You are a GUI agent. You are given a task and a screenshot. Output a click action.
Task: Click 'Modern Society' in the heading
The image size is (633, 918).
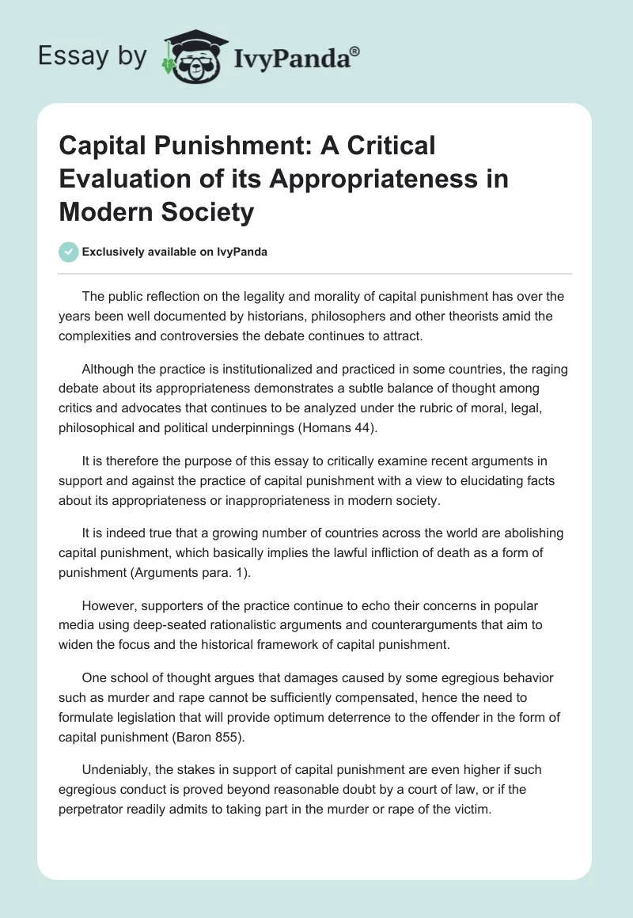point(157,212)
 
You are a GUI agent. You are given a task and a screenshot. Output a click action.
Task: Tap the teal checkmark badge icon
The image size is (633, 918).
point(69,252)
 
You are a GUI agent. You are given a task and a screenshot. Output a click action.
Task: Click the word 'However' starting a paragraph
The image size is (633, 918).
point(112,606)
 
